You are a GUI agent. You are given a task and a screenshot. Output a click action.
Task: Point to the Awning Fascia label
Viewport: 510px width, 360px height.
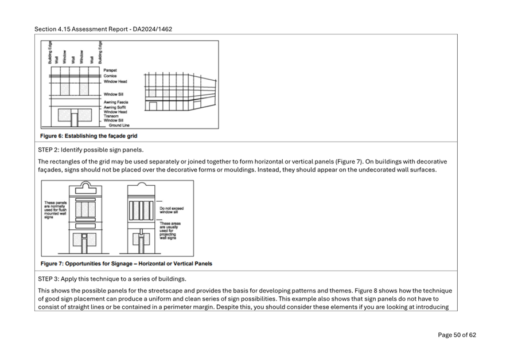115,102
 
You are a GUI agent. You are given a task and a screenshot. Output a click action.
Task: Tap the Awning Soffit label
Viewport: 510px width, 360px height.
115,107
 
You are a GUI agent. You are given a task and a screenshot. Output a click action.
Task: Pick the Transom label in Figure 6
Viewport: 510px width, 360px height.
111,116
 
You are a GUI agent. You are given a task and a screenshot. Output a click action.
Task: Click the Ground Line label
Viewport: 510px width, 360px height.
119,125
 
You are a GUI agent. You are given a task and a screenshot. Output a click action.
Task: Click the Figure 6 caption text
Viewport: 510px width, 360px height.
88,136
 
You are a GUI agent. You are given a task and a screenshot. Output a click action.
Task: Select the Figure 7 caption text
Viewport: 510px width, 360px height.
126,264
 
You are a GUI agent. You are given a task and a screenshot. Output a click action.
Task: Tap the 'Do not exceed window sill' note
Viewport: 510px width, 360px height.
172,210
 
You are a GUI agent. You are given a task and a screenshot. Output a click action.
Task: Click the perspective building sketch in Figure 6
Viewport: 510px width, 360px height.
181,92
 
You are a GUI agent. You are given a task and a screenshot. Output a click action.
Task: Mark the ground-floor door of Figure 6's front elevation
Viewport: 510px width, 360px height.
74,120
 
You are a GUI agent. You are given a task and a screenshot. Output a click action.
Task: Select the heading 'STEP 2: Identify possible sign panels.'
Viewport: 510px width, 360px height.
91,150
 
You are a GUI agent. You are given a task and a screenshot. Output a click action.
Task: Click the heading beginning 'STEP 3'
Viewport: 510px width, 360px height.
112,279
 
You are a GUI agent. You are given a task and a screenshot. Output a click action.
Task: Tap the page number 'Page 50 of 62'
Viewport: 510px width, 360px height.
457,335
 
